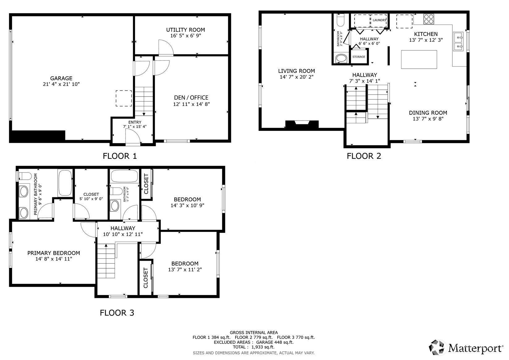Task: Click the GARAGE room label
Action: (x=61, y=78)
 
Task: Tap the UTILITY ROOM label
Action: (x=185, y=30)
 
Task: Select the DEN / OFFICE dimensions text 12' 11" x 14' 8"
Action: (x=191, y=104)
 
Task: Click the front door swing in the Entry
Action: (x=133, y=137)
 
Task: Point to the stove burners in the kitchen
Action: (x=429, y=19)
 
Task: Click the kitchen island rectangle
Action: (x=419, y=59)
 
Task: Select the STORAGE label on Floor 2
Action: (x=359, y=57)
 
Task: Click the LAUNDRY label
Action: (x=379, y=20)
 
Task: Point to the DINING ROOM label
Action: (x=428, y=113)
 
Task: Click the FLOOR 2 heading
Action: (x=364, y=156)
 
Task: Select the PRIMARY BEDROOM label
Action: (x=54, y=253)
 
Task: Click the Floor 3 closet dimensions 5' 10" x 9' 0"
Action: (x=91, y=199)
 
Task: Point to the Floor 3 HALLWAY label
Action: (x=123, y=228)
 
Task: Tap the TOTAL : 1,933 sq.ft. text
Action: (x=254, y=347)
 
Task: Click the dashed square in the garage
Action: (x=124, y=98)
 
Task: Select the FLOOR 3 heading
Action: (x=117, y=313)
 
